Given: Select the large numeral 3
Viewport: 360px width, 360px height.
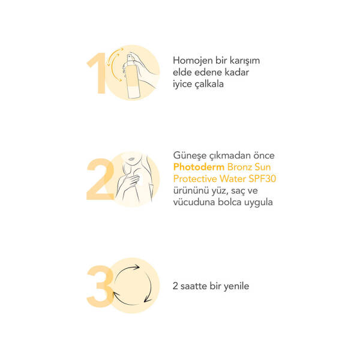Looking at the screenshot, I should click(100, 286).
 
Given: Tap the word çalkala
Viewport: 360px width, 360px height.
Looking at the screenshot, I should click(208, 84).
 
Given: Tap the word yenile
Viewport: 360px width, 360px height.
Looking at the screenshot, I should click(235, 286).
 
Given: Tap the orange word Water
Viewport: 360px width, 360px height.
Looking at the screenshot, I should click(237, 179).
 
